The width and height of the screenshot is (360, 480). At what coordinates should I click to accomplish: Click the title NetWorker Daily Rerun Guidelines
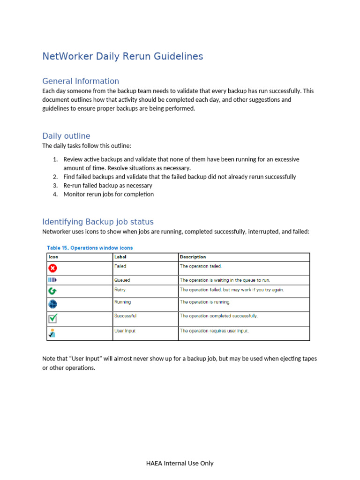(122, 57)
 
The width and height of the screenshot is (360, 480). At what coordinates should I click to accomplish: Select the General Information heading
(81, 81)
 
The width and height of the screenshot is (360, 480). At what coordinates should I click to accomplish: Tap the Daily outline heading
(66, 136)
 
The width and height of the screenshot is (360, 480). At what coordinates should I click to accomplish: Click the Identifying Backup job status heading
(97, 222)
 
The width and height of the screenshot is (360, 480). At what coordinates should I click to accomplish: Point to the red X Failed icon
(52, 268)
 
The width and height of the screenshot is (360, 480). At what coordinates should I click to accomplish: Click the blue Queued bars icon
(52, 280)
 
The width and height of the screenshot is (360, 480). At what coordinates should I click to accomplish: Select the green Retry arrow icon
(52, 291)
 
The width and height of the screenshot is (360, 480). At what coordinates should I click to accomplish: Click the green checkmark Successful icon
(52, 318)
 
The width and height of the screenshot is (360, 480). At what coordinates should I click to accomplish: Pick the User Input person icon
(52, 333)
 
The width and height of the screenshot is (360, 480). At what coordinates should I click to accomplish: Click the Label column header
(120, 257)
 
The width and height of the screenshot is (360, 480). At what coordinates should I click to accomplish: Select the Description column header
(193, 257)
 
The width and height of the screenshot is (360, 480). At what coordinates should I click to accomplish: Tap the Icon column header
(53, 257)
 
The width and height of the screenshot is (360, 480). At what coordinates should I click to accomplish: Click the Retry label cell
(120, 290)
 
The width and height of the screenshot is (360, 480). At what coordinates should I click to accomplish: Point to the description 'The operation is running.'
(205, 302)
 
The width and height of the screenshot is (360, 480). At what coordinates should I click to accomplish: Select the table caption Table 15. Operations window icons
(90, 247)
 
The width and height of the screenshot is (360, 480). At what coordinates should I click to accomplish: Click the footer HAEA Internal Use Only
(180, 463)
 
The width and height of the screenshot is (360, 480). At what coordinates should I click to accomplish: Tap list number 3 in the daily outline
(55, 186)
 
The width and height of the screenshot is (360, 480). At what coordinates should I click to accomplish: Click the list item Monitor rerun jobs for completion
(108, 194)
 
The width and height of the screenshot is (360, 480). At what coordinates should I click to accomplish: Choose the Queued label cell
(122, 280)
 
